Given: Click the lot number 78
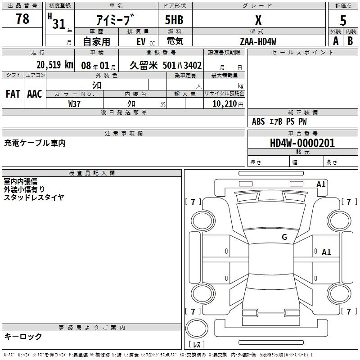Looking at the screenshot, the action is coord(22,19).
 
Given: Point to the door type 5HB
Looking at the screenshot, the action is coord(174,20).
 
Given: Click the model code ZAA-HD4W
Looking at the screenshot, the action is coord(258,41).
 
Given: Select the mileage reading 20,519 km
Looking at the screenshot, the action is coord(54,65).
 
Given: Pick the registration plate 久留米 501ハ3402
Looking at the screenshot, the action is coord(166,65).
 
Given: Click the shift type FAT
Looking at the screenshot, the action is coord(13,94).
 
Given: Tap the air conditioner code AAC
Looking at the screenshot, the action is coord(34,94).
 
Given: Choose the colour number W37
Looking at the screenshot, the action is coord(74,103).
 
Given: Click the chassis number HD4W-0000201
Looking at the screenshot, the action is coord(296,143).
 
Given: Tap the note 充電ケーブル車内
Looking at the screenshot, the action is coord(35,143).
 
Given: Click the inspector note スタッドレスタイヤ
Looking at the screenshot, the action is coord(34,197).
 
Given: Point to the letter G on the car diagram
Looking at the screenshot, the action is coord(284,237).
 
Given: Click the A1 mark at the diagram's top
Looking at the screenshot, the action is coord(321,184).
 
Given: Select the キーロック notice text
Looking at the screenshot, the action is coord(23,337).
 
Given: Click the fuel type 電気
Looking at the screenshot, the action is coord(174,41).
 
